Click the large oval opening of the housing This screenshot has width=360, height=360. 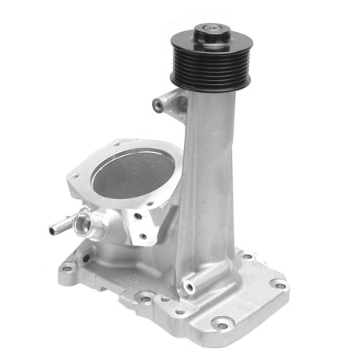point(133,172)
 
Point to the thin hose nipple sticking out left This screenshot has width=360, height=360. point(63,226)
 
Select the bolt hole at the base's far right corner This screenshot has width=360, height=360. point(280,284)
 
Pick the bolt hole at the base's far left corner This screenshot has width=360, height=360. point(67,268)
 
